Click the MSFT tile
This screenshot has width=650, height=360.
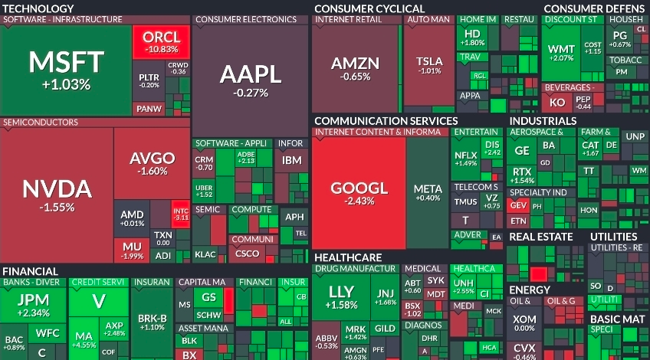point(66,69)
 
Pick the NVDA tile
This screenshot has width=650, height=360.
point(57,194)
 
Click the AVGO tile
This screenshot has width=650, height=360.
point(152,163)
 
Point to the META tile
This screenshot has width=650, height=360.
point(428,192)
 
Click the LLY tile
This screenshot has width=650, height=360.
point(341,296)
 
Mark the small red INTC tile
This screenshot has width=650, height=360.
point(180,212)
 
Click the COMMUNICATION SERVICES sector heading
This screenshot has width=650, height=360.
point(386,121)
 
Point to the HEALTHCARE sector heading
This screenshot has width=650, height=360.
point(348,257)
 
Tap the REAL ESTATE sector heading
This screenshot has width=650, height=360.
point(540,237)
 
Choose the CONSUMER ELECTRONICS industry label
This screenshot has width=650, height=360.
point(235,19)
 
